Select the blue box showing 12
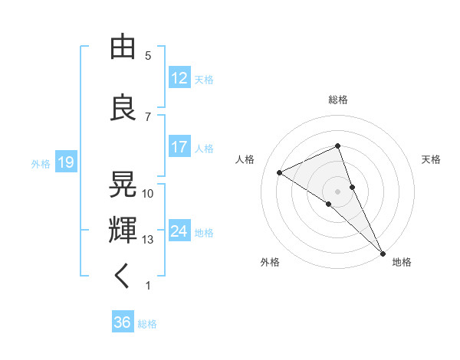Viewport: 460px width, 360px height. point(179,78)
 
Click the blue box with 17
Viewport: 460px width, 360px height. point(179,147)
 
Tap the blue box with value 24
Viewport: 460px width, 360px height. point(179,231)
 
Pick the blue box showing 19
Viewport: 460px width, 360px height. point(65,162)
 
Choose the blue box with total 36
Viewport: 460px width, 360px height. point(122,322)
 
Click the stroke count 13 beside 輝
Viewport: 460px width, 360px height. point(148,240)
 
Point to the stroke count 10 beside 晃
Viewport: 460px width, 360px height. point(148,194)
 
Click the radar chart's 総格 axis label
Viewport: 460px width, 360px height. point(338,100)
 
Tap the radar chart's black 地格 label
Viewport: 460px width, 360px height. point(402,262)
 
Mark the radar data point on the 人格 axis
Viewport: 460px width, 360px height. point(279,172)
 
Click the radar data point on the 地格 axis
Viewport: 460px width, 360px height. point(382,253)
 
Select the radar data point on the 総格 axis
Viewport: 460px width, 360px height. point(338,146)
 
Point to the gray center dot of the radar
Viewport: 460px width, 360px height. point(337,190)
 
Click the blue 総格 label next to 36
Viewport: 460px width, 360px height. point(148,324)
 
